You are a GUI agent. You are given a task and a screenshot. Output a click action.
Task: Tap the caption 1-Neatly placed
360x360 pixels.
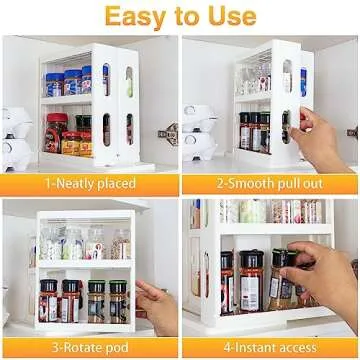coord(90,184)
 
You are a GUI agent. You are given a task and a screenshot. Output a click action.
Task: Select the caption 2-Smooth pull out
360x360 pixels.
coord(270,184)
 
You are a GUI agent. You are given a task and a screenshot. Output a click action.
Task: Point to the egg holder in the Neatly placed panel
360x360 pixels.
coord(18,135)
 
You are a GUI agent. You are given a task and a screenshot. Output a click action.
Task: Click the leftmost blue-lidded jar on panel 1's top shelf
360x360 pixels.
coord(54,84)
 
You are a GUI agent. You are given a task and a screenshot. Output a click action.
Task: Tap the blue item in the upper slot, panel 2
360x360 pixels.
coord(302,80)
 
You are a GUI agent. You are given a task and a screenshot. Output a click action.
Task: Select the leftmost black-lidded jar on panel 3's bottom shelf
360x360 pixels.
coord(48,298)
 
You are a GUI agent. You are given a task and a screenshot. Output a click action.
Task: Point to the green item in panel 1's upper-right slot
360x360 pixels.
coord(128,80)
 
